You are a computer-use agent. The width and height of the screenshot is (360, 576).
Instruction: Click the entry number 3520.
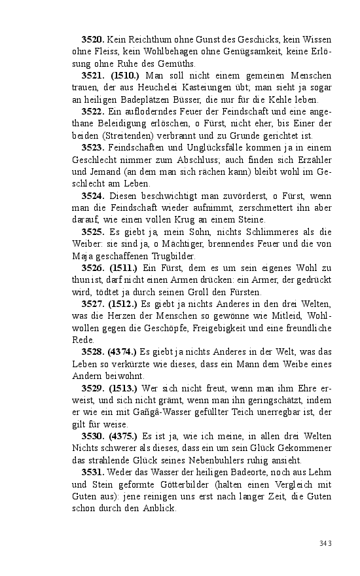(92, 41)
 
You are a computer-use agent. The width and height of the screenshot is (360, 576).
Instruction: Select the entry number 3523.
(92, 149)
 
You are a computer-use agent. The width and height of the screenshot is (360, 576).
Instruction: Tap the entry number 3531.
(92, 473)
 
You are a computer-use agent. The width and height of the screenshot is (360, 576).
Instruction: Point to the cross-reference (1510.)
(122, 77)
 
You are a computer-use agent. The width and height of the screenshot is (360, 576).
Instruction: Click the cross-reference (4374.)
(122, 352)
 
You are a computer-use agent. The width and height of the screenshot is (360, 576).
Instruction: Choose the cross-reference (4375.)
(122, 437)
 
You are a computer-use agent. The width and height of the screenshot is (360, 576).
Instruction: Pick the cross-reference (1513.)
(122, 388)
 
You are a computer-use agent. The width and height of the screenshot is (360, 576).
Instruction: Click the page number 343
(326, 543)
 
